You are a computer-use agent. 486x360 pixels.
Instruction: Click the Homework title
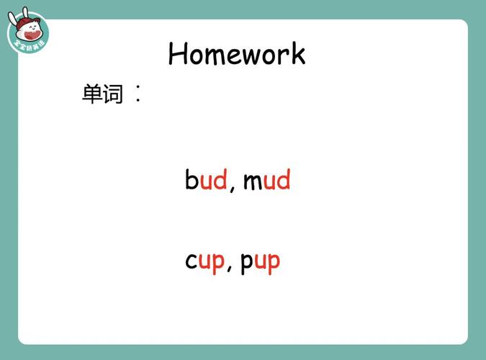(x=237, y=54)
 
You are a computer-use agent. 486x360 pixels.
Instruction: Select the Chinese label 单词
(x=103, y=94)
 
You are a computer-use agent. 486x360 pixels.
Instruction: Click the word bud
(x=206, y=179)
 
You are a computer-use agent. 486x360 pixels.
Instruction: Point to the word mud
(x=266, y=179)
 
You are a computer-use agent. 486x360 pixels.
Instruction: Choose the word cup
(x=204, y=261)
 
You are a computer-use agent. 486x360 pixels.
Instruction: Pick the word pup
(x=260, y=261)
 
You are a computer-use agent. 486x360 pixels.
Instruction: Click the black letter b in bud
(x=192, y=179)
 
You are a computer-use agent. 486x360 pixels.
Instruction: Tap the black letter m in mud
(x=252, y=181)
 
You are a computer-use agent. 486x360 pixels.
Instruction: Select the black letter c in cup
(x=191, y=261)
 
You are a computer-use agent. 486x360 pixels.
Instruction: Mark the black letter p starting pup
(x=246, y=263)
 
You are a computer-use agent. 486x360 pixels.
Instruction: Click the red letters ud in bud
(x=214, y=179)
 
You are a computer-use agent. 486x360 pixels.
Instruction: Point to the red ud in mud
(x=276, y=179)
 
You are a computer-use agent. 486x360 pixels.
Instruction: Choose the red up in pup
(x=267, y=262)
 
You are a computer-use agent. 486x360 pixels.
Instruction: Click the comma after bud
(x=232, y=189)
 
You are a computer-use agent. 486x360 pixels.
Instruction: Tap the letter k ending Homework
(x=298, y=54)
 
